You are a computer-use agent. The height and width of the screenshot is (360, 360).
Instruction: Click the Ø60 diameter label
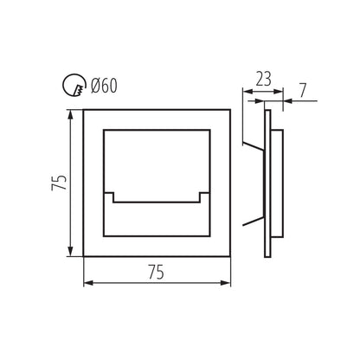pos(104,86)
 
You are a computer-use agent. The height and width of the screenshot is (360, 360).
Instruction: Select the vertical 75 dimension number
pos(60,183)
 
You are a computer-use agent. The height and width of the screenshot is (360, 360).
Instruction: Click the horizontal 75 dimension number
pos(157,272)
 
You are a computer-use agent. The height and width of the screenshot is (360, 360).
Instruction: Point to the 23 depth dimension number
pos(264,79)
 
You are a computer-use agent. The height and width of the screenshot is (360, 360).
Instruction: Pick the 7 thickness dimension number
pos(302,91)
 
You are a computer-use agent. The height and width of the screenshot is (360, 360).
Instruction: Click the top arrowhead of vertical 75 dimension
pos(70,114)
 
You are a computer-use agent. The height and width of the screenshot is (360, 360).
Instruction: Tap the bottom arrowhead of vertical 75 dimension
pos(70,251)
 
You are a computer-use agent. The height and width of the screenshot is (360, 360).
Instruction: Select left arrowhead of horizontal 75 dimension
pos(88,283)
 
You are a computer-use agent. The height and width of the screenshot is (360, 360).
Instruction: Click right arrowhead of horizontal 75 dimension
pos(226,283)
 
